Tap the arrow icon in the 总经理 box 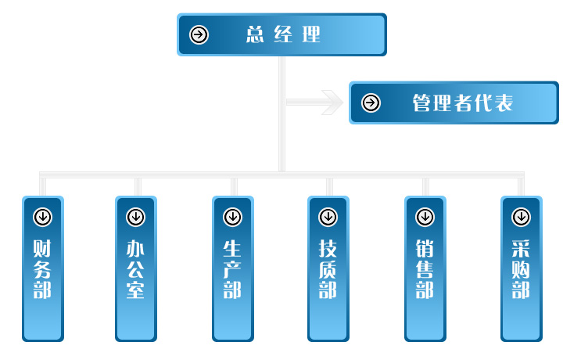point(199,34)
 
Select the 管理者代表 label point(462,103)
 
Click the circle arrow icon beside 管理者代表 point(371,103)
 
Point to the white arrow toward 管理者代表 point(328,102)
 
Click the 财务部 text point(42,269)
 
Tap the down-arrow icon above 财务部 point(42,217)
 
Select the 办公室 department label point(135,269)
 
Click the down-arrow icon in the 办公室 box point(135,217)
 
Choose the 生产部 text point(232,269)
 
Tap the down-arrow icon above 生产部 point(232,217)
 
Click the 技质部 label point(328,269)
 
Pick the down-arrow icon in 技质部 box point(328,217)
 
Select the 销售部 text point(425,269)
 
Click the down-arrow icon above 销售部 point(425,217)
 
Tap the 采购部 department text point(521,269)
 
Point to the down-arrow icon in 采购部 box point(521,217)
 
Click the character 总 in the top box point(255,34)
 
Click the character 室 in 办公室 point(135,290)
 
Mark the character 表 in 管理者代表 point(504,103)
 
